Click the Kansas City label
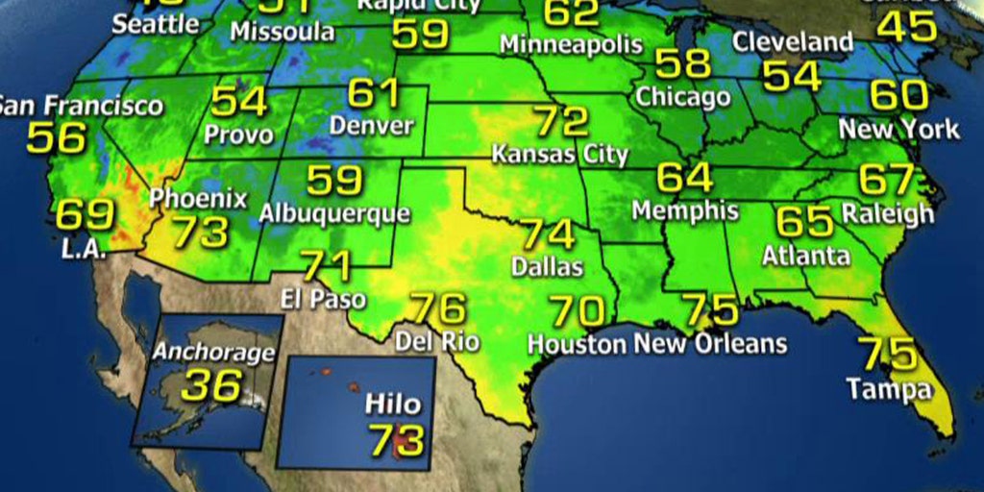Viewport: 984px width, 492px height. (560, 154)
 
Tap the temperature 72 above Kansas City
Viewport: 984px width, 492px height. (560, 122)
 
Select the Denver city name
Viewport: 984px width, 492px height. (371, 125)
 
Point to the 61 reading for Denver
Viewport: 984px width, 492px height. (373, 93)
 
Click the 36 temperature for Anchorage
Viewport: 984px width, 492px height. (211, 385)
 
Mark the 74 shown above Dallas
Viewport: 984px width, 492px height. (548, 234)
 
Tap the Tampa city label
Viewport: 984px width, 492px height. (888, 389)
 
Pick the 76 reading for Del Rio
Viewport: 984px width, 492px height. (438, 309)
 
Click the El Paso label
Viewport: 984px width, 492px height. (324, 299)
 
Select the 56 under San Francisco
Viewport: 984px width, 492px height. (56, 138)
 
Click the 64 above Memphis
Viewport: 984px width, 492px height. (684, 179)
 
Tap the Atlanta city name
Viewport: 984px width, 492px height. (806, 256)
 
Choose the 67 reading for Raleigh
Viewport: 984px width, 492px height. (886, 181)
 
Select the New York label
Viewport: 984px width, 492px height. (899, 129)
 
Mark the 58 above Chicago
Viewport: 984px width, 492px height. (682, 64)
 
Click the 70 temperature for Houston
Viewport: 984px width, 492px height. (578, 311)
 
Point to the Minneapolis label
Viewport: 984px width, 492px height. (571, 44)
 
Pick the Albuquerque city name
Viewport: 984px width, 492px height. (334, 212)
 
